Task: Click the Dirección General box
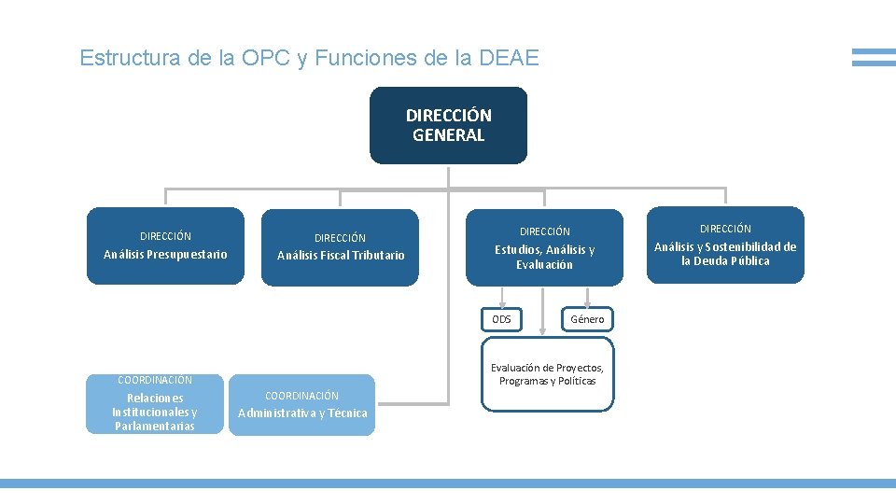tap(448, 125)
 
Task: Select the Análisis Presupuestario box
tap(165, 245)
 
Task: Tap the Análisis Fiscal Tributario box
tap(341, 246)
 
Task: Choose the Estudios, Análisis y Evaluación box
tap(544, 247)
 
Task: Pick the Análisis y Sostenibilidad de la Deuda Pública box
tap(725, 245)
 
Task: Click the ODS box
tap(502, 319)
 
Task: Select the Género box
tap(587, 319)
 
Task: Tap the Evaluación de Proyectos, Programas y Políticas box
tap(548, 374)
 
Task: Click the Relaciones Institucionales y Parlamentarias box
tap(155, 405)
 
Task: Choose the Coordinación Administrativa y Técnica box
tap(302, 405)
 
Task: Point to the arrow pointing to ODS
tap(502, 296)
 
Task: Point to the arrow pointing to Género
tap(587, 296)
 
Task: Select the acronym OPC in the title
tap(265, 58)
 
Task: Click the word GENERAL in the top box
tap(448, 135)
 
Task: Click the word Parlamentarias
tap(155, 427)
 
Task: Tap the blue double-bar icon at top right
tap(874, 58)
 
